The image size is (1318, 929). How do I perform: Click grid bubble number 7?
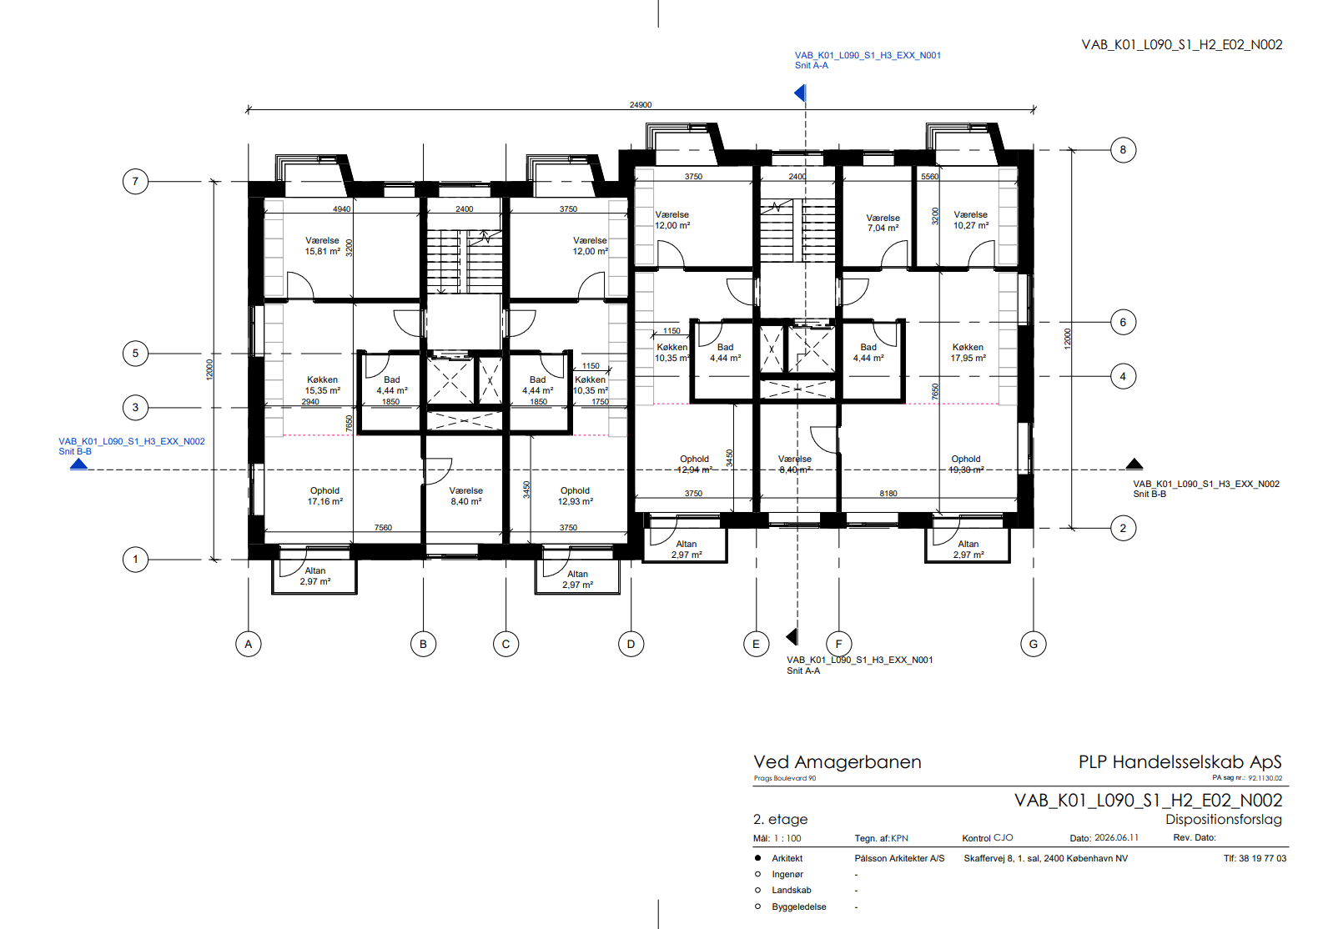135,181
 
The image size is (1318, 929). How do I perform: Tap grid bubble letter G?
1034,644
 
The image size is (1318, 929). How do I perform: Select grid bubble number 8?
1123,150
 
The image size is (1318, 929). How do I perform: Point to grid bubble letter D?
631,644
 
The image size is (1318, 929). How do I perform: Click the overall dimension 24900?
640,105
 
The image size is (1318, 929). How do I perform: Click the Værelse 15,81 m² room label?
323,246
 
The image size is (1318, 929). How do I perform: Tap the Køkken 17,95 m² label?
968,353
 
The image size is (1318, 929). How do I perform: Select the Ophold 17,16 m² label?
324,496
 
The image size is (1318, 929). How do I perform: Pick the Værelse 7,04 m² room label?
883,223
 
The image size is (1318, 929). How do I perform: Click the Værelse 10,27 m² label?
971,220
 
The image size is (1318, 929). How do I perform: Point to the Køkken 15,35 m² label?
323,384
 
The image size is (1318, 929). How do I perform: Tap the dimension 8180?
888,494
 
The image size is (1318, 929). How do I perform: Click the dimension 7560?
383,528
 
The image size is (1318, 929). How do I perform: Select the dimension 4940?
341,208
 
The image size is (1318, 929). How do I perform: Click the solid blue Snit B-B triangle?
78,464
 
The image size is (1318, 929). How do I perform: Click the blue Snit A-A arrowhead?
800,93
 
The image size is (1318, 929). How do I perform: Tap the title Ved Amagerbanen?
838,762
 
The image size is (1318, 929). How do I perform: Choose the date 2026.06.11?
1116,838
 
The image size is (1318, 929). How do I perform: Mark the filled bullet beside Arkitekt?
757,858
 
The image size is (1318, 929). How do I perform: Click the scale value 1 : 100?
787,838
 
